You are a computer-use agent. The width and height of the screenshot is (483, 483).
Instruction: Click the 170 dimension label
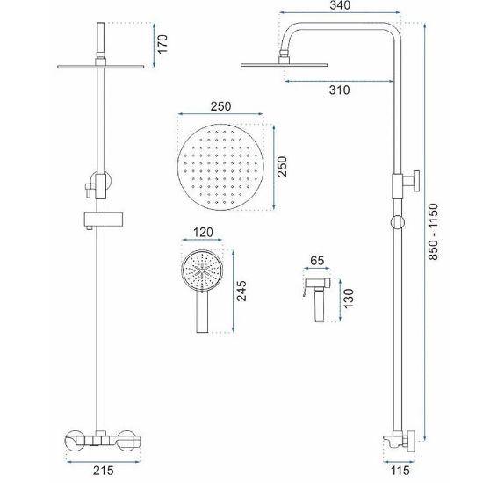pyautogui.click(x=162, y=44)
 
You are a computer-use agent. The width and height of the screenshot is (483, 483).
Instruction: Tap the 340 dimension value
pyautogui.click(x=340, y=5)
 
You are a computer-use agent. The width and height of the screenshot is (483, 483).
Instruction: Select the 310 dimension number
pyautogui.click(x=340, y=90)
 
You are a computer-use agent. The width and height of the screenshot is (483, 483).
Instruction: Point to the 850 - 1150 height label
pyautogui.click(x=433, y=232)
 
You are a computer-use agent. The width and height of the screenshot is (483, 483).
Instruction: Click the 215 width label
pyautogui.click(x=104, y=471)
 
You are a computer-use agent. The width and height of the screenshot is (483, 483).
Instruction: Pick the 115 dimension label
pyautogui.click(x=400, y=471)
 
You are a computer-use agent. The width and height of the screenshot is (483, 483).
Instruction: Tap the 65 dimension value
pyautogui.click(x=317, y=261)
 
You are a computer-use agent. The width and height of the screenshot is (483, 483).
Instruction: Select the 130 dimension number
pyautogui.click(x=349, y=299)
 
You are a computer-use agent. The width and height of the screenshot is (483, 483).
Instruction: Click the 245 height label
pyautogui.click(x=241, y=291)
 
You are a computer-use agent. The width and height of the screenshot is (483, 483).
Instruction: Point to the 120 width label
pyautogui.click(x=203, y=232)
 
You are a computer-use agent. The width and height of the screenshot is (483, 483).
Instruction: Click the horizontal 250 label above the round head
pyautogui.click(x=220, y=106)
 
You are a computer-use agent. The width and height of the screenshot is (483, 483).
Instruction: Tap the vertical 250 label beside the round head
pyautogui.click(x=282, y=167)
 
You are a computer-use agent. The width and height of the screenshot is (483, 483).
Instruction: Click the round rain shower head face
pyautogui.click(x=220, y=167)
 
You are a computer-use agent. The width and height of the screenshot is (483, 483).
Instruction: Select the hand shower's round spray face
pyautogui.click(x=202, y=270)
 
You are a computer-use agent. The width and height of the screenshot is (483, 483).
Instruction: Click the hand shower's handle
pyautogui.click(x=202, y=312)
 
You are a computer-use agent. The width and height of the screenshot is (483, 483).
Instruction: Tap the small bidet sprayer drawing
pyautogui.click(x=318, y=299)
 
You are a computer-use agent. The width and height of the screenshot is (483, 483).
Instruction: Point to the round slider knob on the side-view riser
pyautogui.click(x=397, y=222)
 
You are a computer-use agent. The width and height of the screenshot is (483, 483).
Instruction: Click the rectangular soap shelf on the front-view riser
pyautogui.click(x=104, y=219)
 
